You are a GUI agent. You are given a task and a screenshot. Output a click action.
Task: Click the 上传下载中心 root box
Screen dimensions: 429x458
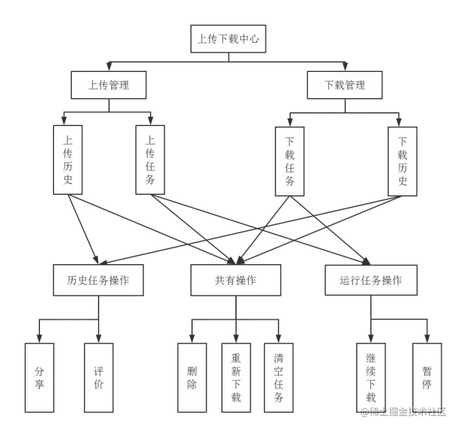(x=228, y=39)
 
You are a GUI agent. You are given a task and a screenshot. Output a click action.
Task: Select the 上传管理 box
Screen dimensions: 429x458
(x=109, y=85)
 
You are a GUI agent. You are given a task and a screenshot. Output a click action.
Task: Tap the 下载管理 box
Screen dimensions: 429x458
(x=345, y=85)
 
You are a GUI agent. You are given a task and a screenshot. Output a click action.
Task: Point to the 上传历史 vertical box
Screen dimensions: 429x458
(x=68, y=159)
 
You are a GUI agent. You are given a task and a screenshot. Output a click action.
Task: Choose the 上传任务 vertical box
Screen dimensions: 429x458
(x=150, y=159)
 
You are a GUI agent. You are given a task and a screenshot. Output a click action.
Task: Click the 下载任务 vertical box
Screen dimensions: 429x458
(x=289, y=161)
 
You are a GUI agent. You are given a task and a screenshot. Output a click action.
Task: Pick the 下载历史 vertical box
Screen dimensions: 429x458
(x=402, y=161)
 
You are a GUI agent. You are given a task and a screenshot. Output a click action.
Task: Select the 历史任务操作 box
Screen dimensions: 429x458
(x=98, y=280)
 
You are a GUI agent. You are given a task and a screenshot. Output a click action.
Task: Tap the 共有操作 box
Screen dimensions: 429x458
(x=235, y=280)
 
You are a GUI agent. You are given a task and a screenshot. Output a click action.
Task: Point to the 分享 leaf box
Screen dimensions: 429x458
(x=39, y=377)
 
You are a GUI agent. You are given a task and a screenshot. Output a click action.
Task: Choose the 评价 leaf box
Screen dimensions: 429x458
(x=98, y=377)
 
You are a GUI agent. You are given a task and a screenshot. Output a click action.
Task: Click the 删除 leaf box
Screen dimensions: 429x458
(x=192, y=377)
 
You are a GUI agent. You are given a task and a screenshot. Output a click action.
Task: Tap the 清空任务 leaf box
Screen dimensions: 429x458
(x=279, y=377)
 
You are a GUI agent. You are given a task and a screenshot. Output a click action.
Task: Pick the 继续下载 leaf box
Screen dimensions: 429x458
(x=371, y=377)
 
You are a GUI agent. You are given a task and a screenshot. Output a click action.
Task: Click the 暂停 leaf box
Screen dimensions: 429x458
(x=427, y=377)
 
